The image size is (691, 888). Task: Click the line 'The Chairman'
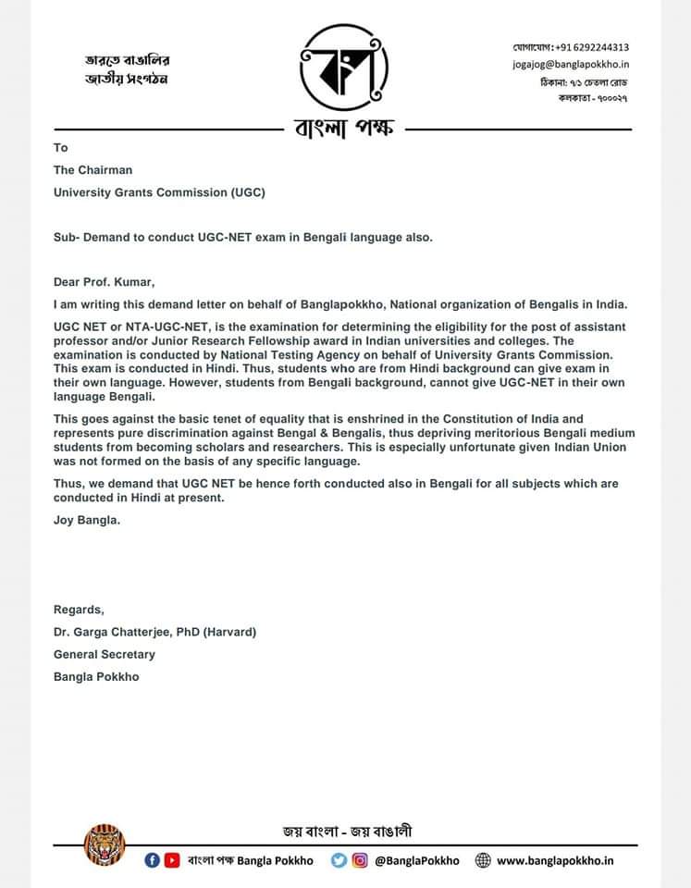(x=93, y=169)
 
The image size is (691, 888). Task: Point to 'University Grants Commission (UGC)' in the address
(x=159, y=192)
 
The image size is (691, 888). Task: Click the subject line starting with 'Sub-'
(x=242, y=237)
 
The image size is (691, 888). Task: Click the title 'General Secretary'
(x=105, y=654)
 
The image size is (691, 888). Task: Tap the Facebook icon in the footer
(x=153, y=860)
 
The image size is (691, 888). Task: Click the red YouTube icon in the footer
(x=171, y=860)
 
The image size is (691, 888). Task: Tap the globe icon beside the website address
(x=482, y=860)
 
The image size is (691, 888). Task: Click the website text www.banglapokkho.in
(x=555, y=860)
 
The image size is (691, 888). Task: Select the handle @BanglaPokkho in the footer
(x=416, y=860)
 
